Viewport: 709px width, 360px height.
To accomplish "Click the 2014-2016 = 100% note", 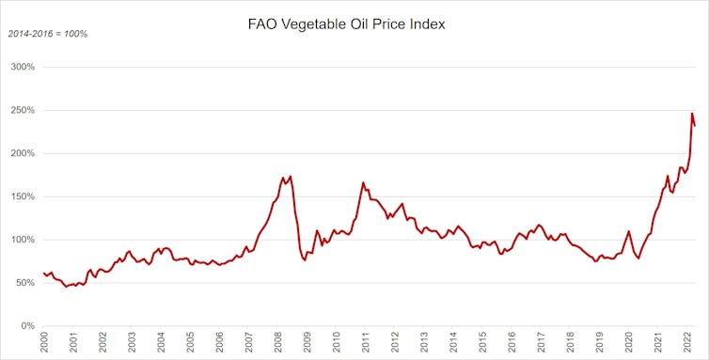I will pos(48,34).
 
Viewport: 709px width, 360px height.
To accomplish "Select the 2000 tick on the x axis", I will pos(44,343).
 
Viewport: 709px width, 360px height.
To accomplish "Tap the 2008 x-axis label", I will pos(279,343).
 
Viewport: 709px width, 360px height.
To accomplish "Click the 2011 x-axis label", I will pos(367,343).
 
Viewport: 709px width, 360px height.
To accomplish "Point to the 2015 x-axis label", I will pos(483,343).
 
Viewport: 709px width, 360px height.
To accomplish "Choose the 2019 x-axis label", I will pos(600,343).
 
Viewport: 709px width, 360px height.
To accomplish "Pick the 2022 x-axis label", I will pos(687,343).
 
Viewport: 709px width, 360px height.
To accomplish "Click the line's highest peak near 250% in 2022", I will pos(692,114).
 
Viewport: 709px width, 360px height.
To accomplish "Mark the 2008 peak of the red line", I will pos(291,176).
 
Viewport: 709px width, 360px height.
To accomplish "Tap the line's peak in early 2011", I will pos(363,182).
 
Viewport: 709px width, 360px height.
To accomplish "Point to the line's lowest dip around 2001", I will pos(66,286).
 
